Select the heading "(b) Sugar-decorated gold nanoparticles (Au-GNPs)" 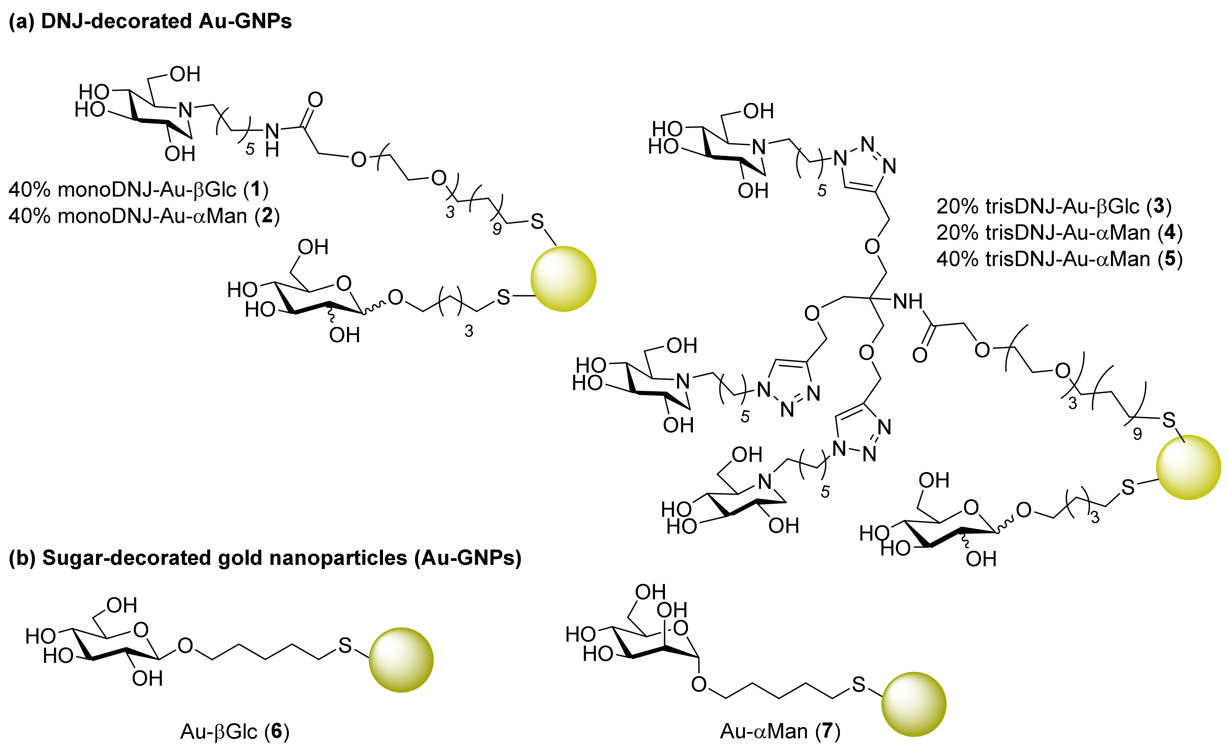click(265, 558)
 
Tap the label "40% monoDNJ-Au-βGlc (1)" click(139, 190)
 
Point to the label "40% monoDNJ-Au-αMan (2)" click(144, 216)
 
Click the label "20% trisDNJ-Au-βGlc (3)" click(1054, 206)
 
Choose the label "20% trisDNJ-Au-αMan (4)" click(1059, 232)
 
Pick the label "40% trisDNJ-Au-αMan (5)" click(1059, 259)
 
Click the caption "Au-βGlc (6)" click(235, 731)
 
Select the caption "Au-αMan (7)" click(780, 731)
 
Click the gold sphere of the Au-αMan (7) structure click(913, 704)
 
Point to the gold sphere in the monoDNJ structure click(563, 279)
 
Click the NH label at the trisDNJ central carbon click(907, 301)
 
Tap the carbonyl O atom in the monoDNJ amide click(315, 100)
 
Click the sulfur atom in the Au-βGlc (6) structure click(345, 645)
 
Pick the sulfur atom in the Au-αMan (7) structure click(858, 685)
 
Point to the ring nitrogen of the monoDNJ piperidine click(185, 109)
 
